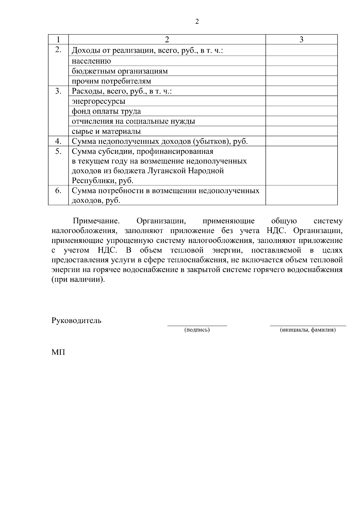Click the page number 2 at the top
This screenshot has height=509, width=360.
[197, 22]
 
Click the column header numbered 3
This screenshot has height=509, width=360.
[301, 40]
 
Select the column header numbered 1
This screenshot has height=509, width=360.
[58, 40]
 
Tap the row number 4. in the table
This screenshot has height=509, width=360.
[58, 141]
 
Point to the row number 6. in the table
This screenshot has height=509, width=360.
[58, 191]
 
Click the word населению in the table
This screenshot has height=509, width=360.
[91, 61]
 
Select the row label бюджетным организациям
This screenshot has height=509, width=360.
[119, 71]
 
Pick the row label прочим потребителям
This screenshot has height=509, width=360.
[111, 81]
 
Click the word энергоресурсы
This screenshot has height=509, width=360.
[98, 101]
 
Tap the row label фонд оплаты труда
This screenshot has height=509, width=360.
[106, 111]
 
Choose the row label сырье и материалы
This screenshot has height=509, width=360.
[106, 131]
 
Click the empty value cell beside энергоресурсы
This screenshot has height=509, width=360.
[301, 101]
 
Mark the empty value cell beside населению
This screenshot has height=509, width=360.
[301, 61]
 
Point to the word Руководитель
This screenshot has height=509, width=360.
[76, 320]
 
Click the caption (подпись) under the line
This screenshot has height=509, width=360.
[197, 330]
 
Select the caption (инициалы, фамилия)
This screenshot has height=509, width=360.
[308, 330]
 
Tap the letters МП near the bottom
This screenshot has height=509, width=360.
[58, 352]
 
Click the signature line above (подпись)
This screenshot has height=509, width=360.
[197, 325]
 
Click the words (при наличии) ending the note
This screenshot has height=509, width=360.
[79, 280]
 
